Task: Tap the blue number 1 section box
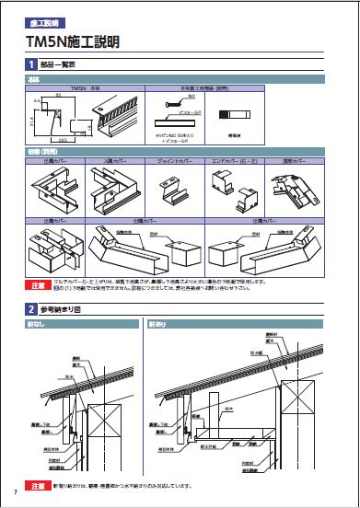click(32, 64)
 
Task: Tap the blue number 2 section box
click(32, 310)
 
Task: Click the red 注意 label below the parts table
click(38, 285)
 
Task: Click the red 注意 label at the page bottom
click(38, 484)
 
